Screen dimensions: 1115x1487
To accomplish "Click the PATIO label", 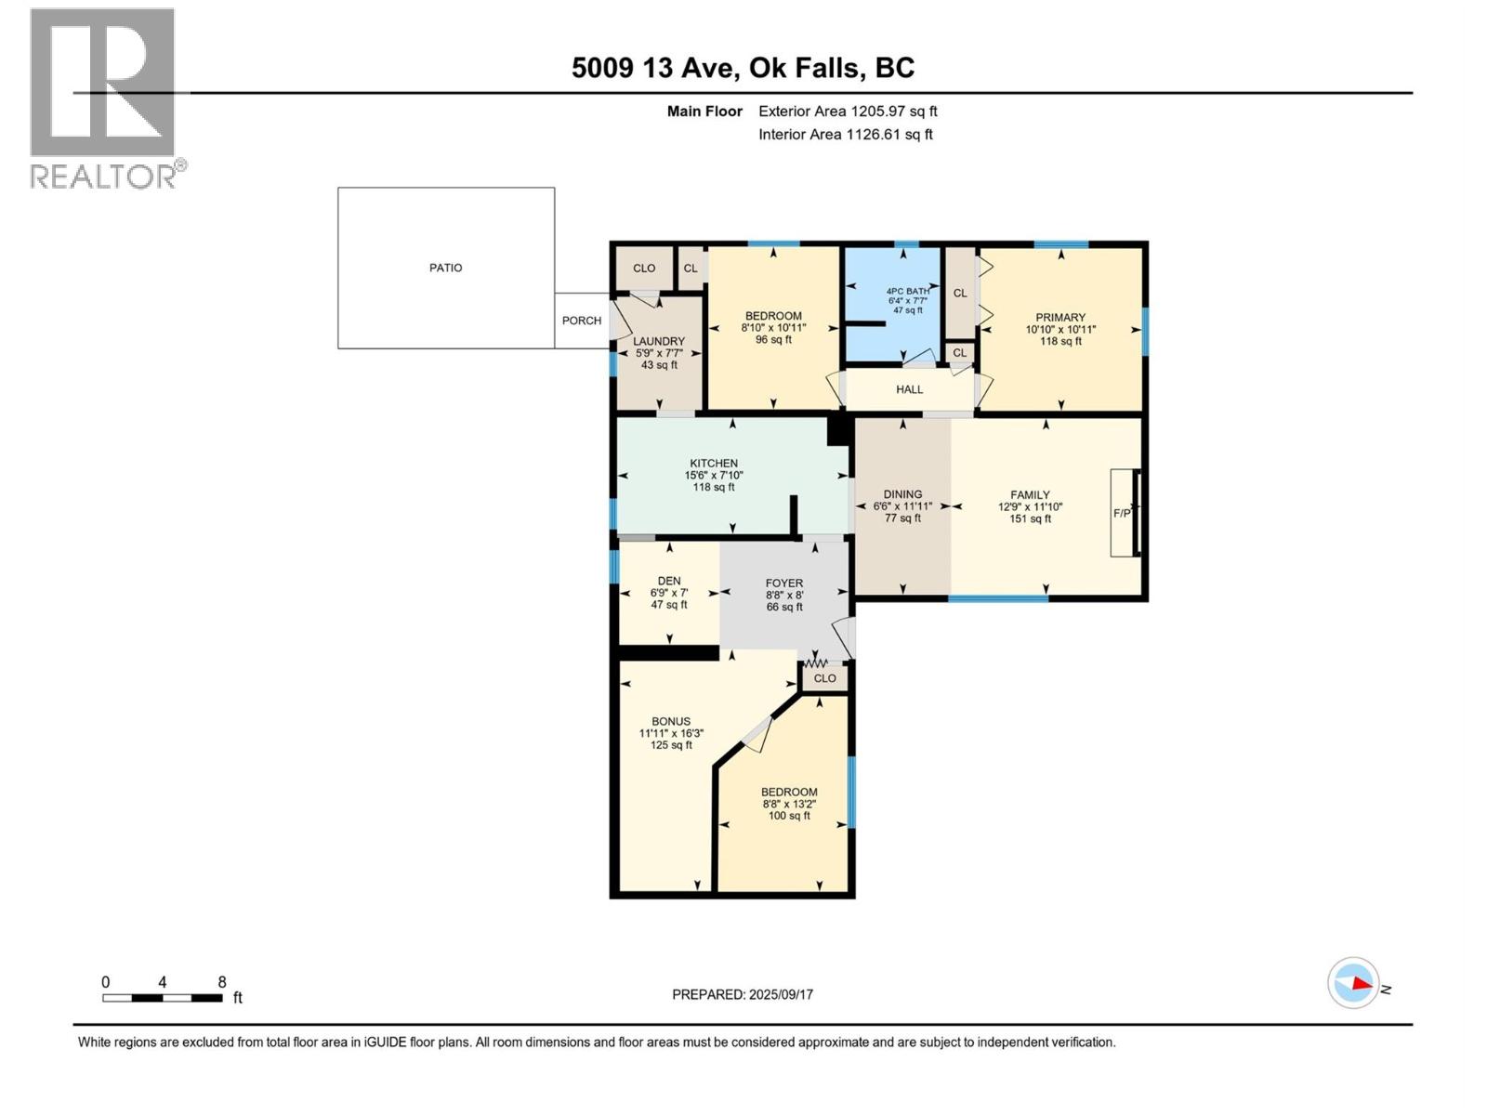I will (x=445, y=268).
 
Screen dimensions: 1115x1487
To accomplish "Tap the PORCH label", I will (x=582, y=321).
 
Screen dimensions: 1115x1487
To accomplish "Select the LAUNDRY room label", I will (x=659, y=341).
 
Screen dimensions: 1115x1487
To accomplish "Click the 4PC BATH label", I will (x=908, y=291).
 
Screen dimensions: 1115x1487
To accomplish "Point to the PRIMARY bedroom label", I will (x=1060, y=317).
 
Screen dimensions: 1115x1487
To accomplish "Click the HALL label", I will (x=909, y=389).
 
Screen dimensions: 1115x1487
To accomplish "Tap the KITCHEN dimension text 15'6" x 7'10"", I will (x=714, y=475).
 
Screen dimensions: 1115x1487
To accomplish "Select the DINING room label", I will (x=902, y=494).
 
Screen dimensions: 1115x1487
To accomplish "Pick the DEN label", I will (x=669, y=581).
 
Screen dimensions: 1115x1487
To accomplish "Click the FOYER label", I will (x=784, y=583).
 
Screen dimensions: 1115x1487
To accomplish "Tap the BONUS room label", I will (x=671, y=721).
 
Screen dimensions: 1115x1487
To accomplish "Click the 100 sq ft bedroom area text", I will (x=789, y=816).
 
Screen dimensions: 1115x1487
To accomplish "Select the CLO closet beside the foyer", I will (x=824, y=678).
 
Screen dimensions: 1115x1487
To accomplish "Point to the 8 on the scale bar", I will (x=222, y=982).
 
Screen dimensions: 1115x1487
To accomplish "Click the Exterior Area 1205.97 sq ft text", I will (x=848, y=111).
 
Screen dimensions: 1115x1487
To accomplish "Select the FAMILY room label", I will (x=1030, y=495).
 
